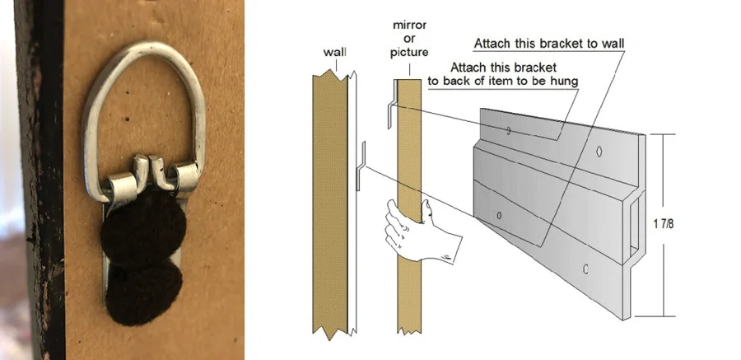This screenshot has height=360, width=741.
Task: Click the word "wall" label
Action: (x=334, y=52)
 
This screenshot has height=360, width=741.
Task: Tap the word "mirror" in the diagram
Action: (x=409, y=25)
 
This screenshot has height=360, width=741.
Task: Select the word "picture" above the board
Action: (x=409, y=52)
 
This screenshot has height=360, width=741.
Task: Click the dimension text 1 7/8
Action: (x=664, y=224)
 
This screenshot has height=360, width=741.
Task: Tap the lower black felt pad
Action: (x=143, y=293)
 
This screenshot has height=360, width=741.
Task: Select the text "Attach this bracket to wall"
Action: (x=549, y=44)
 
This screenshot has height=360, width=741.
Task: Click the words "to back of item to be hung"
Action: (x=503, y=82)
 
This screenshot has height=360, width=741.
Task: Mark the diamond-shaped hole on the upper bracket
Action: (x=599, y=151)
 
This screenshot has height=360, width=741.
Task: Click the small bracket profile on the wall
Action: (x=361, y=166)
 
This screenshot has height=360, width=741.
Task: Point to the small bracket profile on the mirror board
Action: (x=392, y=104)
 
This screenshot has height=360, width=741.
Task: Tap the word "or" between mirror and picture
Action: (x=410, y=39)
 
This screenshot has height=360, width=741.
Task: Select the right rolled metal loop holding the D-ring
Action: (x=184, y=176)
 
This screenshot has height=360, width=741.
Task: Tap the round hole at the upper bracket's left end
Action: (x=509, y=130)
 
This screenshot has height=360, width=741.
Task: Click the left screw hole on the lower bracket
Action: (x=500, y=216)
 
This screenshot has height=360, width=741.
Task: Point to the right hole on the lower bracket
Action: (x=586, y=269)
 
